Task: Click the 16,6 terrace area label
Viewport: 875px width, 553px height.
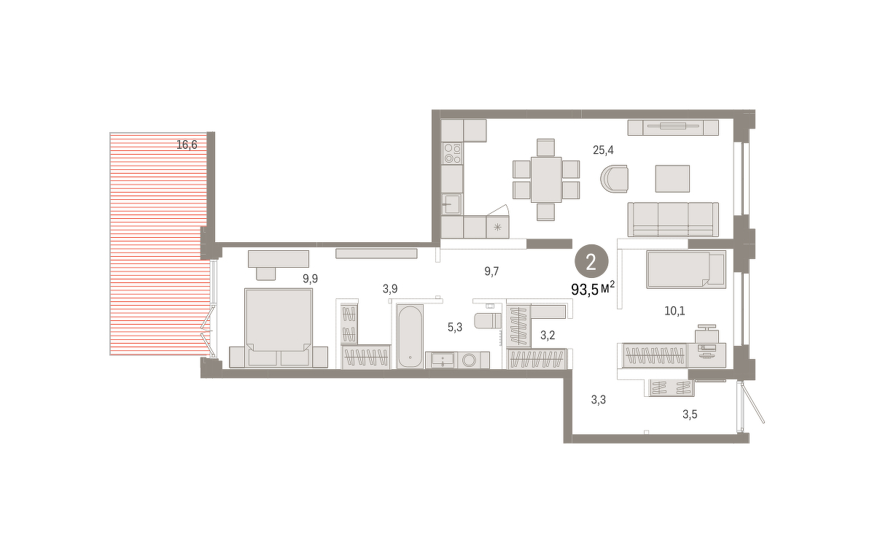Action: coord(187,145)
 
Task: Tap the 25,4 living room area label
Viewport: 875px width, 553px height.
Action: coord(603,150)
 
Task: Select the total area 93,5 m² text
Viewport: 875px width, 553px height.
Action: coord(593,290)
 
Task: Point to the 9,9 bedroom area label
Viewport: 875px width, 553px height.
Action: coord(310,279)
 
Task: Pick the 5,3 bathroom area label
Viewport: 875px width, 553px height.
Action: coord(455,328)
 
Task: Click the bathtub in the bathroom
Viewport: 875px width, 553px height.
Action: coord(410,336)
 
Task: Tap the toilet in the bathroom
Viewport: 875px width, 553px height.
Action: coord(488,321)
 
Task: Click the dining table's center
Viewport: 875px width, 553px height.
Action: coord(546,179)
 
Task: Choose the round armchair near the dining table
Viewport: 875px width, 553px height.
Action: coord(615,179)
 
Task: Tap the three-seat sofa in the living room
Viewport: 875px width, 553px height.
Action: coord(673,220)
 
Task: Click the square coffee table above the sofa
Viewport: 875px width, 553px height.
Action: coord(672,179)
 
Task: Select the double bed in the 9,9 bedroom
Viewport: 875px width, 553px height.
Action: coord(278,328)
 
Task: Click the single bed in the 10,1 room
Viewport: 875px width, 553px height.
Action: coord(686,270)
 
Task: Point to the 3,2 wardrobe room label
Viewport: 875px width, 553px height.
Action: coord(548,335)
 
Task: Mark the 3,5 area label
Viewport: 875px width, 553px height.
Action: coord(690,414)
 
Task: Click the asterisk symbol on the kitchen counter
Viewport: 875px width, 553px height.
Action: coord(497,227)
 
